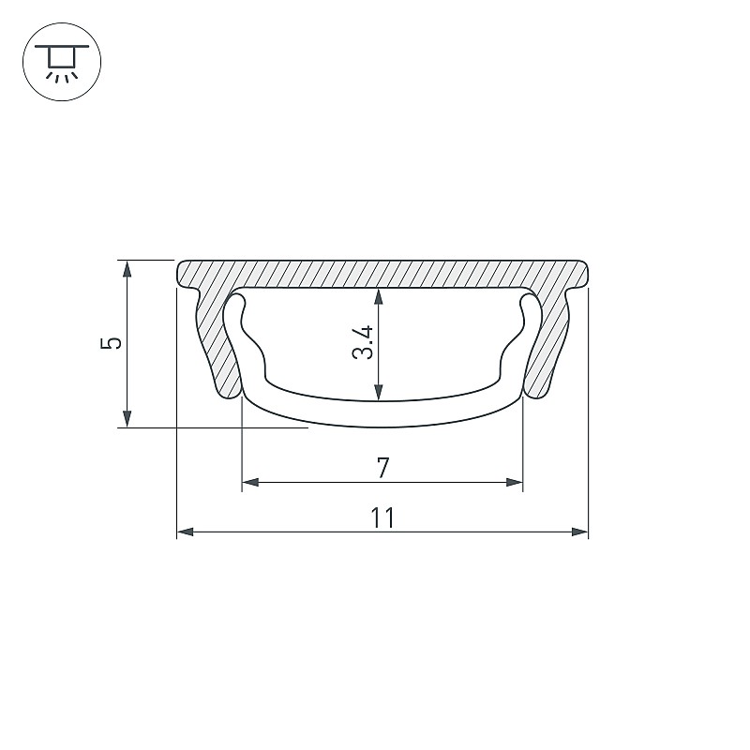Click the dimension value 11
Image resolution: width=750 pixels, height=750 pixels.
click(x=382, y=517)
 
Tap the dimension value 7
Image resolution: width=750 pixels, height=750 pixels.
click(x=383, y=468)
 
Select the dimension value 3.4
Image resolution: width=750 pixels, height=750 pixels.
click(x=362, y=342)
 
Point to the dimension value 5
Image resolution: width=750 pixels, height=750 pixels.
click(x=111, y=343)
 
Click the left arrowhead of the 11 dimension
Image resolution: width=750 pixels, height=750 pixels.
click(x=185, y=532)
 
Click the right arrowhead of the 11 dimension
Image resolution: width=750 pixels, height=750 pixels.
click(x=579, y=532)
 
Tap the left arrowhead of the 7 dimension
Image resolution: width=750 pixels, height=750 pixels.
click(x=250, y=482)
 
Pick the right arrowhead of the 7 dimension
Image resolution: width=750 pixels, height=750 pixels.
click(x=515, y=482)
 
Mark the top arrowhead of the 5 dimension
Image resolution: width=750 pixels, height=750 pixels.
click(x=127, y=269)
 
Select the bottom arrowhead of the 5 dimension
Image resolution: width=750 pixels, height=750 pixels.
click(x=127, y=418)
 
